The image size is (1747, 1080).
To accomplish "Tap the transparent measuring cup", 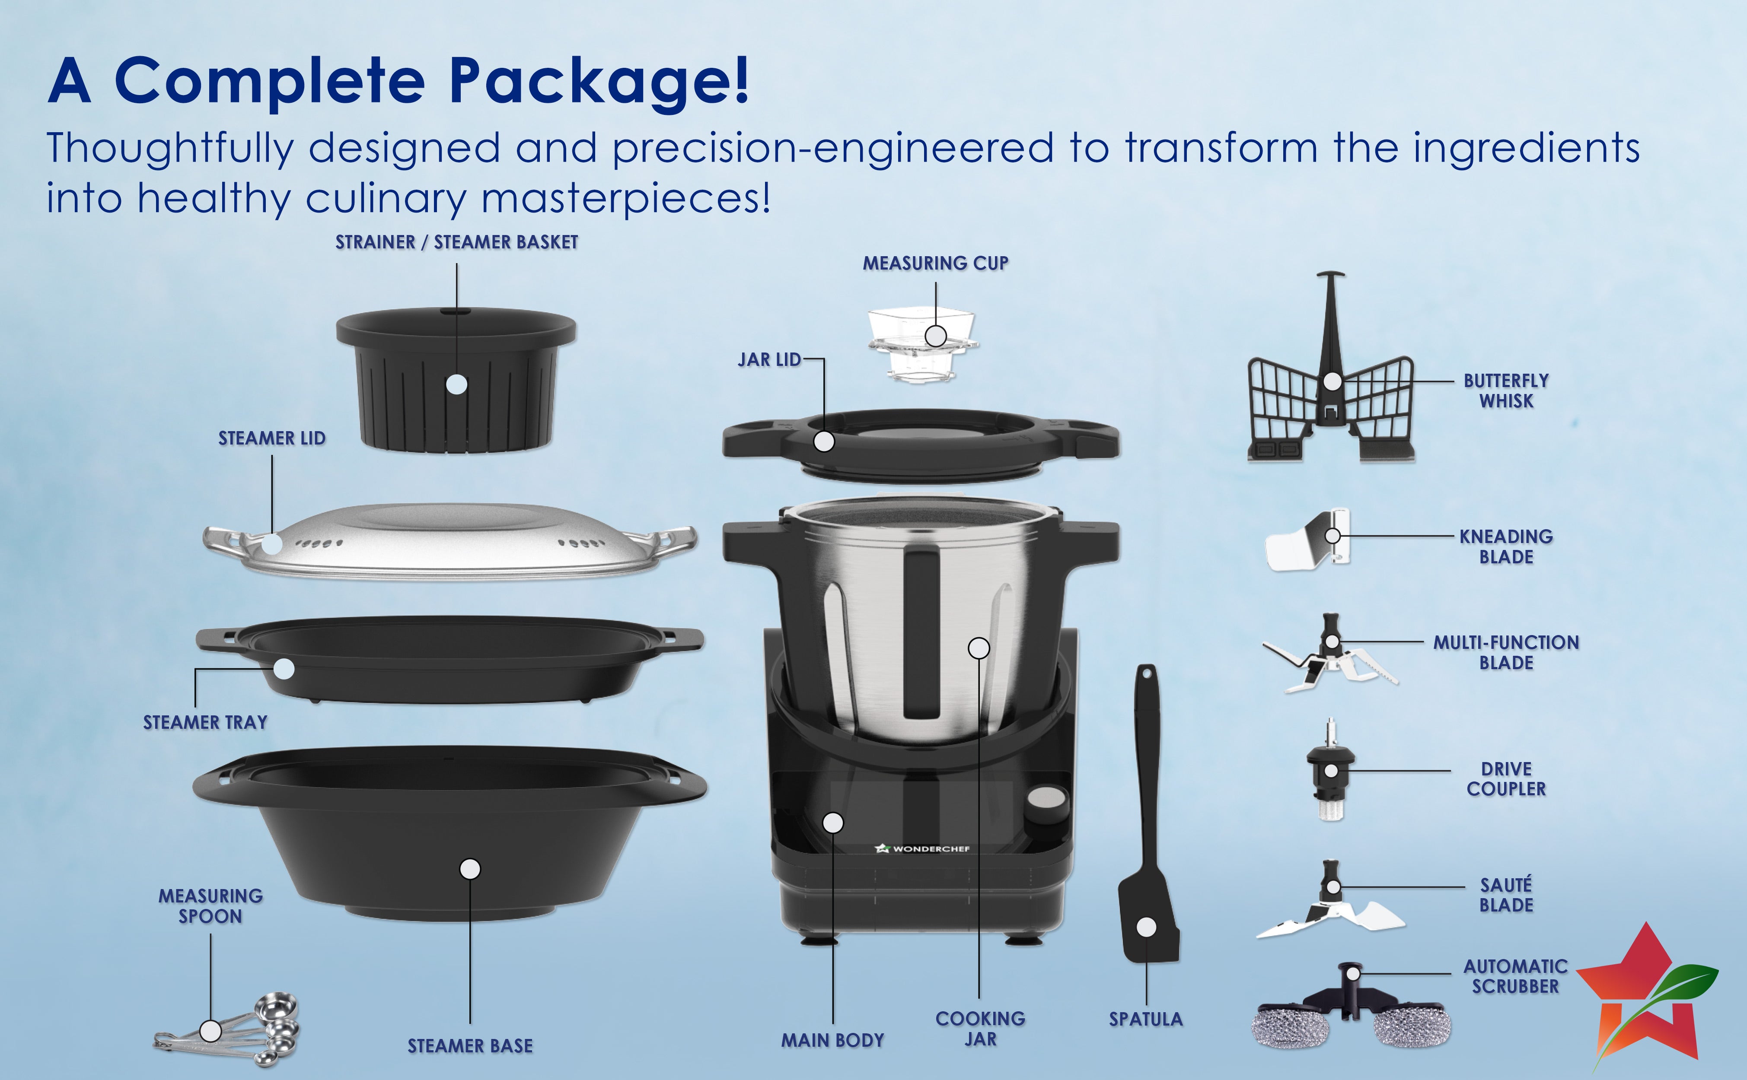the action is pyautogui.click(x=922, y=344).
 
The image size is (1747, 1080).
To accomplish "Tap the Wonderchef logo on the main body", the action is pyautogui.click(x=922, y=848).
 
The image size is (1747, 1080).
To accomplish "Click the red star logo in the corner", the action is pyautogui.click(x=1647, y=997).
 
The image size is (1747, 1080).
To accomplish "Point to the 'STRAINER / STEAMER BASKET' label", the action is pyautogui.click(x=456, y=242).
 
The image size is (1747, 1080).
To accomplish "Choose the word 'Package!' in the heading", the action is pyautogui.click(x=599, y=81).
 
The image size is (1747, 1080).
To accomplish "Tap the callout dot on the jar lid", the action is pyautogui.click(x=824, y=442).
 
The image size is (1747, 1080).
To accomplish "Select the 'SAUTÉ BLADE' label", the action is pyautogui.click(x=1506, y=895).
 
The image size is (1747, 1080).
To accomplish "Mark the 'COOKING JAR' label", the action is pyautogui.click(x=980, y=1029).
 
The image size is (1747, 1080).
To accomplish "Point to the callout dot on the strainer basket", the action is pyautogui.click(x=456, y=384).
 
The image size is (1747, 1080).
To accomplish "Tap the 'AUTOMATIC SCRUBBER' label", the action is pyautogui.click(x=1515, y=976).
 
